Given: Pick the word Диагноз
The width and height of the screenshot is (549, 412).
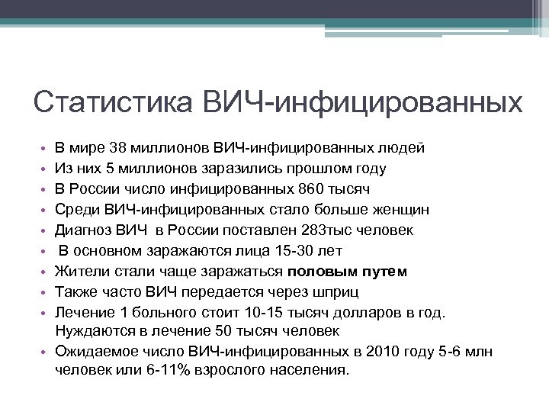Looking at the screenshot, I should (83, 230).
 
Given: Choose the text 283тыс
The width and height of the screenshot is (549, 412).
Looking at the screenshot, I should (304, 230).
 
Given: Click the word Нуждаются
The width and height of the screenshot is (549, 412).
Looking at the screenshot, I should (91, 331).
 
